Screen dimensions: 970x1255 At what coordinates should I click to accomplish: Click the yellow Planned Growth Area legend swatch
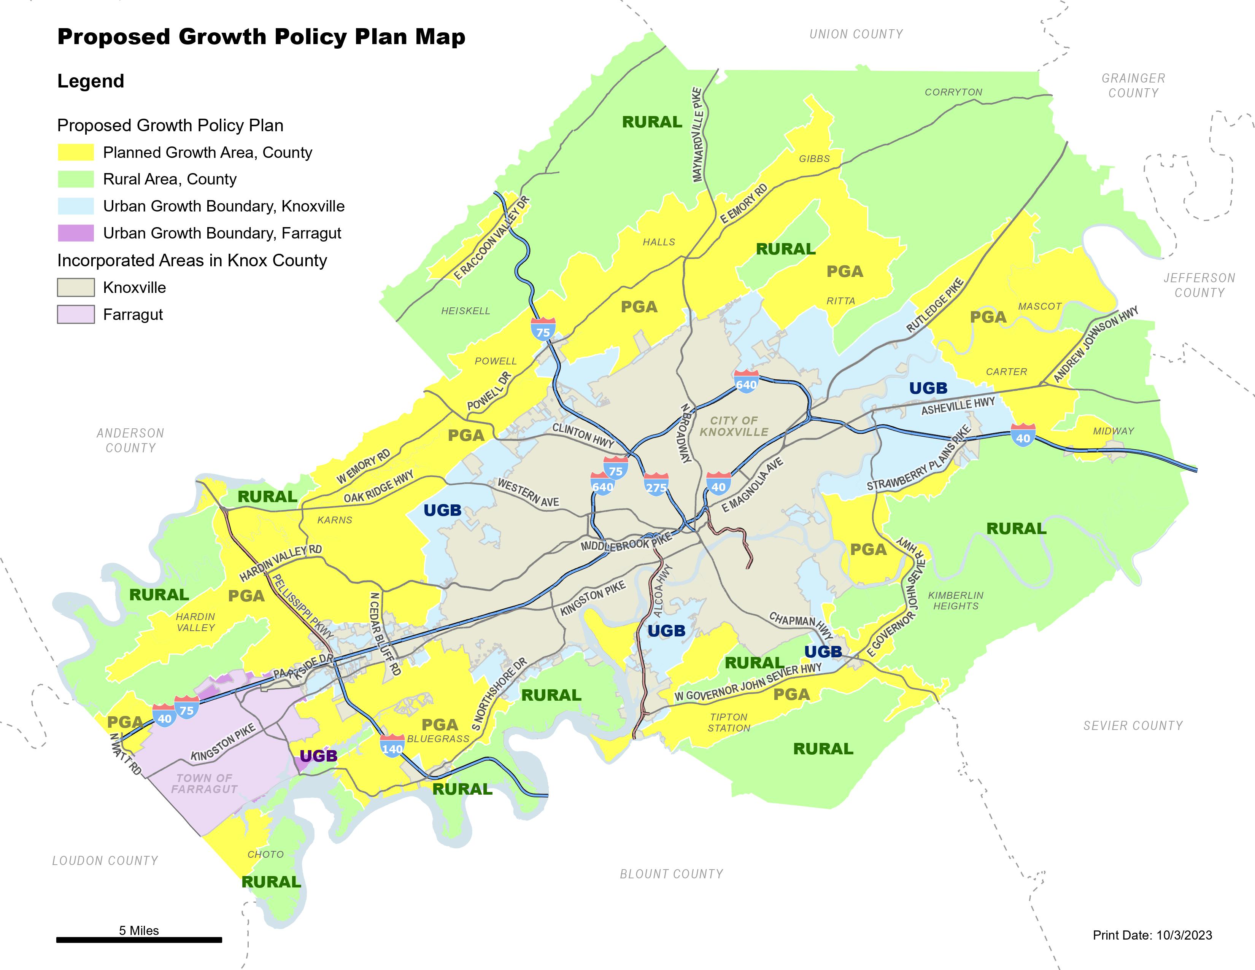point(75,152)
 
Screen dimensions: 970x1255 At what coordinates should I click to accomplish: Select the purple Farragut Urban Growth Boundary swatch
point(75,233)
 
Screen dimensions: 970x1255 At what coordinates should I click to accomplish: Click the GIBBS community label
point(814,159)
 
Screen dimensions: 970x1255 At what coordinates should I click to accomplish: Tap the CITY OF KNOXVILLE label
point(734,426)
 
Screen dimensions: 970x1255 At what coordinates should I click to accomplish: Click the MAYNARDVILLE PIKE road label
point(697,134)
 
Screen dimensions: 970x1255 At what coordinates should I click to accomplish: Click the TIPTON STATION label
point(729,722)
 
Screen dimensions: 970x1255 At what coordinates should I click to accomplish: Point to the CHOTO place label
point(265,854)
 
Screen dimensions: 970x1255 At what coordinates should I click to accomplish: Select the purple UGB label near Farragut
point(318,756)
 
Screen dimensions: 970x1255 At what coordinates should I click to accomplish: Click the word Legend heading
point(90,81)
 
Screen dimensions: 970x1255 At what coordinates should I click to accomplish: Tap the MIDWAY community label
point(1113,431)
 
